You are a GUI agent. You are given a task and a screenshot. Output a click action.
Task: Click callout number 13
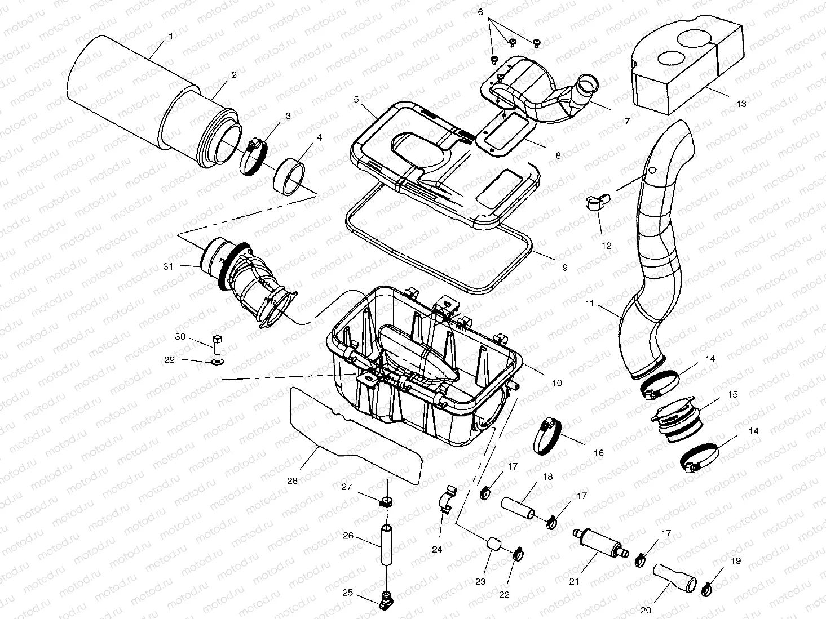741,104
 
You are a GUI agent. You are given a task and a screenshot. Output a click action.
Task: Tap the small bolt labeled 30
218,344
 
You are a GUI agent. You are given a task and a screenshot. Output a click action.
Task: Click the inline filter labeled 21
597,542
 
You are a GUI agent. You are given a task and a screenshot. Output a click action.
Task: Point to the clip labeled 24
447,501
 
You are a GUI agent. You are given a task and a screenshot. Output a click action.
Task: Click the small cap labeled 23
494,544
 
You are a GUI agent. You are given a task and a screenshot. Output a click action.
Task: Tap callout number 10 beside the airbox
556,383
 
